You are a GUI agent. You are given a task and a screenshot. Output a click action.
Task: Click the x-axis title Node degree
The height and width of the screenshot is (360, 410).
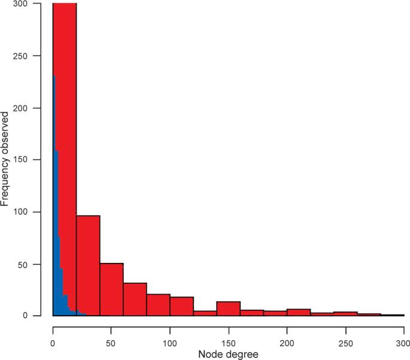[x=228, y=355]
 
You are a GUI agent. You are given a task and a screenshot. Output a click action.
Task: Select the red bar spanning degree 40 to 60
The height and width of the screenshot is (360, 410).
[x=111, y=290]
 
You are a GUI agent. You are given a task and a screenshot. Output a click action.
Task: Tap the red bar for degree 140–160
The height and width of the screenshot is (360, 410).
[x=228, y=308]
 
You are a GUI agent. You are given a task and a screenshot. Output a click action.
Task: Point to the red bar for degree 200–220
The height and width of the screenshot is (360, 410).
[x=298, y=312]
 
